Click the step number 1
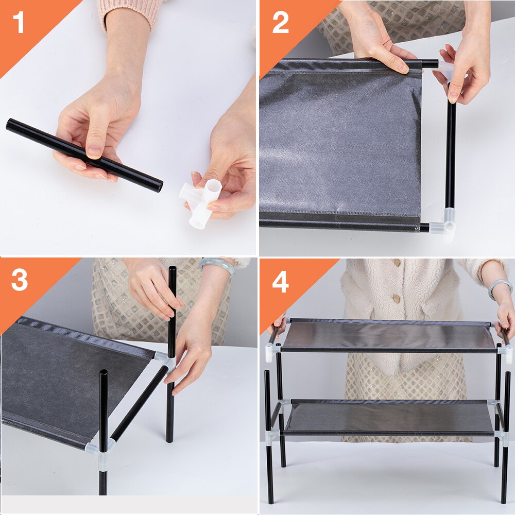(x=19, y=22)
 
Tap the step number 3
(x=20, y=280)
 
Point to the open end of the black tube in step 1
(x=159, y=187)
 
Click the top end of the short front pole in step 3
(x=104, y=372)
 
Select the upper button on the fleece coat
(x=397, y=263)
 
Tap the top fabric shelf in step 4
(x=388, y=335)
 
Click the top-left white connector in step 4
(x=270, y=352)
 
